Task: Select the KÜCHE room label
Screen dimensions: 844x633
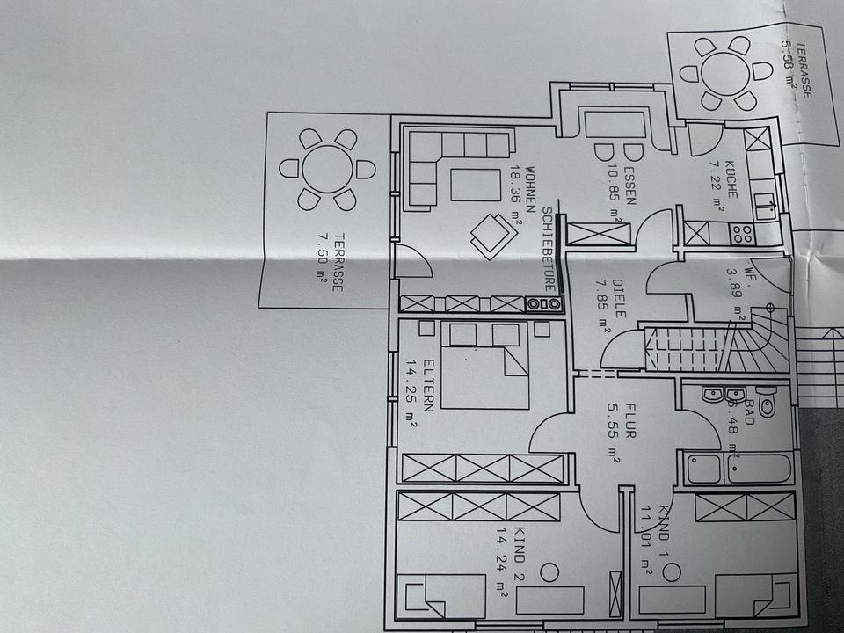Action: point(731,179)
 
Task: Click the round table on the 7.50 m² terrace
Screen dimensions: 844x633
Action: point(327,169)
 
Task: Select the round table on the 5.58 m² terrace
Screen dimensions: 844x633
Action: point(727,71)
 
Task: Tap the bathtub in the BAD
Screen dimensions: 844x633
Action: point(738,469)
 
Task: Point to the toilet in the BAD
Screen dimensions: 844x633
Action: point(766,404)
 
